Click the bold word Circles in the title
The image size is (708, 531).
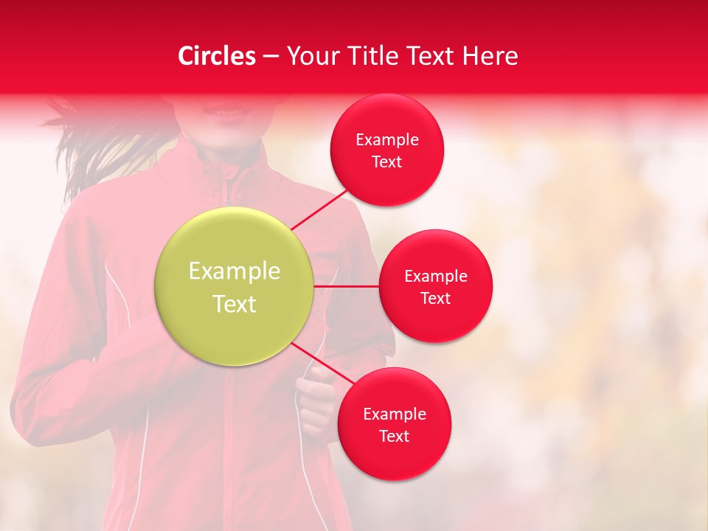pos(217,56)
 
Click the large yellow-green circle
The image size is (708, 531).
pos(235,286)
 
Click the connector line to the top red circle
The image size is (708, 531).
pos(320,209)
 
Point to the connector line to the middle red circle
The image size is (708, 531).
pos(347,286)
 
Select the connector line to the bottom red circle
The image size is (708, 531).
pos(322,364)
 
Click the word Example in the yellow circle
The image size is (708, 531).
pos(235,271)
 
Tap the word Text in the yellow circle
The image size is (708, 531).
pos(235,304)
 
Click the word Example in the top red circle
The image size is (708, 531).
pos(387,140)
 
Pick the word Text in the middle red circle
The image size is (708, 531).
pos(436,298)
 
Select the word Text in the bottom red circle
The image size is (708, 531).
pos(395,436)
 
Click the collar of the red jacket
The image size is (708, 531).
pos(236,173)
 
